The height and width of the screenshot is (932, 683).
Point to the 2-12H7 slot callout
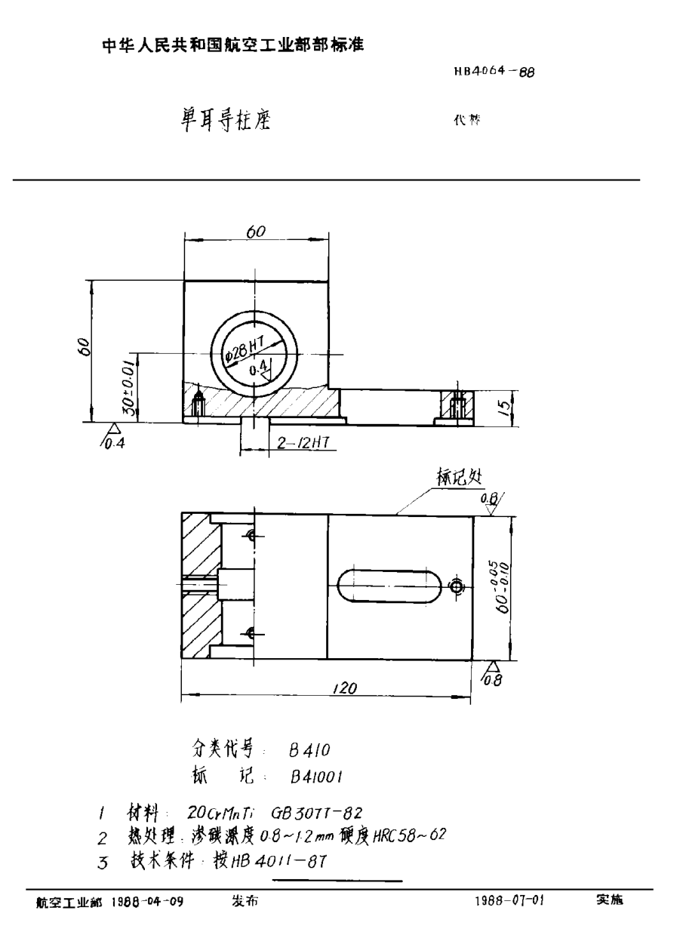point(299,445)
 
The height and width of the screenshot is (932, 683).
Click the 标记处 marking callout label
point(458,476)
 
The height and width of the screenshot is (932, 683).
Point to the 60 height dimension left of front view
point(85,348)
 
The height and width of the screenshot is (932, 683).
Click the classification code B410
point(309,751)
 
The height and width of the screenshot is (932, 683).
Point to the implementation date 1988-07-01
point(510,901)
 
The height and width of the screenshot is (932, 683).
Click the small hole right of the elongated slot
point(455,586)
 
